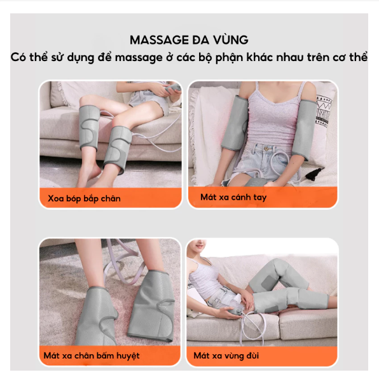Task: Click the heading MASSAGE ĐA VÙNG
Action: (189, 40)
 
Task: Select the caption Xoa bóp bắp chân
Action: (84, 198)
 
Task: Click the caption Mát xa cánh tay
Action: (233, 197)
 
